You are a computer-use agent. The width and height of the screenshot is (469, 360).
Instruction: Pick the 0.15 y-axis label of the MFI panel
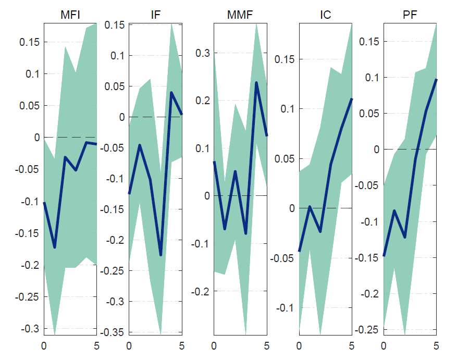(x=30, y=42)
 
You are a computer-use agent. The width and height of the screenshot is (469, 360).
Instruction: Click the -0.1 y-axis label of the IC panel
(x=285, y=308)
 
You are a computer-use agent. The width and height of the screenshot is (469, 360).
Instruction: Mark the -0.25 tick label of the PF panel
(x=367, y=330)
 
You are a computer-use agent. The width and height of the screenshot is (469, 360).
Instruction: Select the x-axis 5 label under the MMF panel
(x=266, y=345)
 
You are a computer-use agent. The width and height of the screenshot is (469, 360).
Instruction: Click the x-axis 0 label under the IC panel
(x=299, y=345)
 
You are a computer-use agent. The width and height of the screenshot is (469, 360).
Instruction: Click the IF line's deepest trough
(x=161, y=255)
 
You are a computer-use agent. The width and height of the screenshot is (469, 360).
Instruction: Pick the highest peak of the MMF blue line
(x=256, y=82)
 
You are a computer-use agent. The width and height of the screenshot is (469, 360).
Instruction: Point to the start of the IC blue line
(x=299, y=251)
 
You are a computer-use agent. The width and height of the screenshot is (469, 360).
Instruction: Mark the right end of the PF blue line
(x=436, y=79)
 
